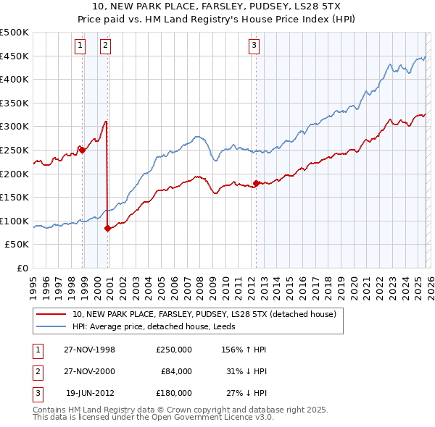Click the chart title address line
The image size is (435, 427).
point(217,6)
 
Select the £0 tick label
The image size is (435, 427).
point(22,268)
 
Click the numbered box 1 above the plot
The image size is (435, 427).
point(80,46)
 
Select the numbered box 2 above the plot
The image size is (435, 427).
point(105,46)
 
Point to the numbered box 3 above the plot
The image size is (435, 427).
point(254,46)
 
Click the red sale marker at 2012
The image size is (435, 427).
point(256,183)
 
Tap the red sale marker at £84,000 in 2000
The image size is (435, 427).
point(108,228)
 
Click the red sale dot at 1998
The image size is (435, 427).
point(83,151)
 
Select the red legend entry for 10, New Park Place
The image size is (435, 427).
point(204,315)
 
